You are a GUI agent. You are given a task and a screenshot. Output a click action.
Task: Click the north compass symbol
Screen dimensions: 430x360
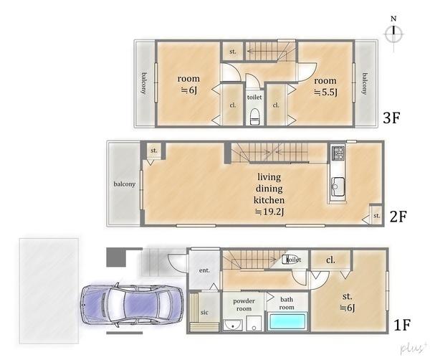coord(393,34)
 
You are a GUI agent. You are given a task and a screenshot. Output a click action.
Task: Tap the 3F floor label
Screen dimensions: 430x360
coord(391,118)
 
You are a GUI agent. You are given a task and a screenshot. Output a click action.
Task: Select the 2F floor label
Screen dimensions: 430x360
coord(398,217)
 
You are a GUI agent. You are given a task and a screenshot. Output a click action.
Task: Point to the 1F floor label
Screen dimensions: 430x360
coord(402,325)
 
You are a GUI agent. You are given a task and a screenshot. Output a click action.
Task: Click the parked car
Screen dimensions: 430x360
coord(132,305)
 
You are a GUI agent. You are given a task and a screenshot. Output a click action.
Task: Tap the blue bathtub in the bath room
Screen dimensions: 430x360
coord(287,321)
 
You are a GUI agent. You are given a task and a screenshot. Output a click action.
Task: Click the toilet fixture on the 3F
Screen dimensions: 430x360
coord(255,117)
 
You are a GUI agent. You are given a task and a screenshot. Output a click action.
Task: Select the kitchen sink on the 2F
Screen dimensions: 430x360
coord(338,186)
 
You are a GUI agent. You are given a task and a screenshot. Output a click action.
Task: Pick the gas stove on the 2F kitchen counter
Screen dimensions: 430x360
coord(338,153)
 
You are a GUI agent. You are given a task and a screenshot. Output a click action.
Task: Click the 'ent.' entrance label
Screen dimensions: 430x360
coord(204,270)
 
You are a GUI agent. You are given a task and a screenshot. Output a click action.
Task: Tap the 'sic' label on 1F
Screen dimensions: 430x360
coord(204,312)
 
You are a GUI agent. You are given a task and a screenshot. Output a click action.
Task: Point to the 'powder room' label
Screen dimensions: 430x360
coord(244,305)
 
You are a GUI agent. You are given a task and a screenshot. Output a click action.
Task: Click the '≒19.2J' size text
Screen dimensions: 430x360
coord(269,212)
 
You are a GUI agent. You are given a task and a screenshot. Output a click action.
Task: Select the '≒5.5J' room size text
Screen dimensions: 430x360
coord(325,93)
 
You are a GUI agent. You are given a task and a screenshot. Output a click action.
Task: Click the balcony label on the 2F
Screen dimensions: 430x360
coord(125,184)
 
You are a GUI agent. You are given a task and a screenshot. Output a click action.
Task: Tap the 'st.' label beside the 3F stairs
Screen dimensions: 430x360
coord(233,52)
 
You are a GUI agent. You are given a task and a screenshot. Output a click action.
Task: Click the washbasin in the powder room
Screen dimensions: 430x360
coord(233,325)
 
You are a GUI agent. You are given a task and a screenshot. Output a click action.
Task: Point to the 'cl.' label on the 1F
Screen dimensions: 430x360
coord(330,260)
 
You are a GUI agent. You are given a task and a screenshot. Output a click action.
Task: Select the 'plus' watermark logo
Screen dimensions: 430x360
coord(412,348)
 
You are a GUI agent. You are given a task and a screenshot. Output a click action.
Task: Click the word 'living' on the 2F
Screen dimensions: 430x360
coord(269,177)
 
